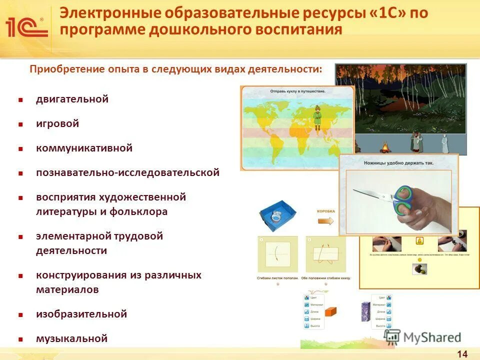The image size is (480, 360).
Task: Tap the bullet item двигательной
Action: (72, 99)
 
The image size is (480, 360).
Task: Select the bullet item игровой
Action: (57, 123)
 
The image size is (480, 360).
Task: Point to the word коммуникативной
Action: (84, 148)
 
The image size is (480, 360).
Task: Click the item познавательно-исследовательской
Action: (127, 172)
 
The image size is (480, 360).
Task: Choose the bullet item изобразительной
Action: (81, 314)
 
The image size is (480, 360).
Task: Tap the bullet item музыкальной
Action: (71, 338)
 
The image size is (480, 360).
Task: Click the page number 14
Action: (462, 354)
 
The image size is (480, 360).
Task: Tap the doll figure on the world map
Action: (316, 116)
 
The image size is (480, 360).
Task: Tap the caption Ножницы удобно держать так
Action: (398, 163)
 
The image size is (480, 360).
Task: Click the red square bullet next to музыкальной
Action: (21, 339)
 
